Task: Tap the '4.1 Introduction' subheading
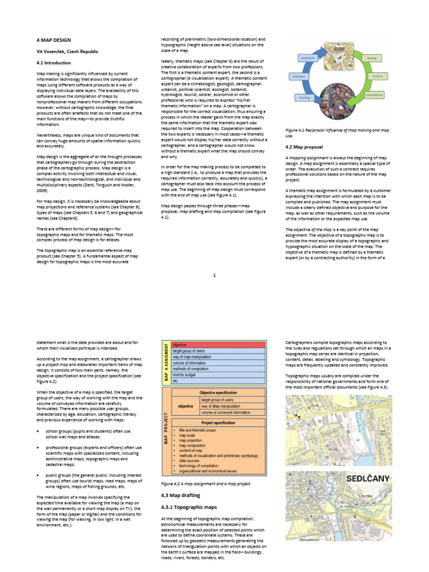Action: (x=54, y=63)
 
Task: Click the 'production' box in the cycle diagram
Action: (x=308, y=58)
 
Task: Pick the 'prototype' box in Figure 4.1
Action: (x=298, y=76)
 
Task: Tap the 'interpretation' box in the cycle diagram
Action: (x=374, y=95)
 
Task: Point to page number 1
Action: (x=214, y=275)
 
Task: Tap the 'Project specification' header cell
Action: (x=217, y=423)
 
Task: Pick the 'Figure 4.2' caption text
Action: (x=206, y=484)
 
